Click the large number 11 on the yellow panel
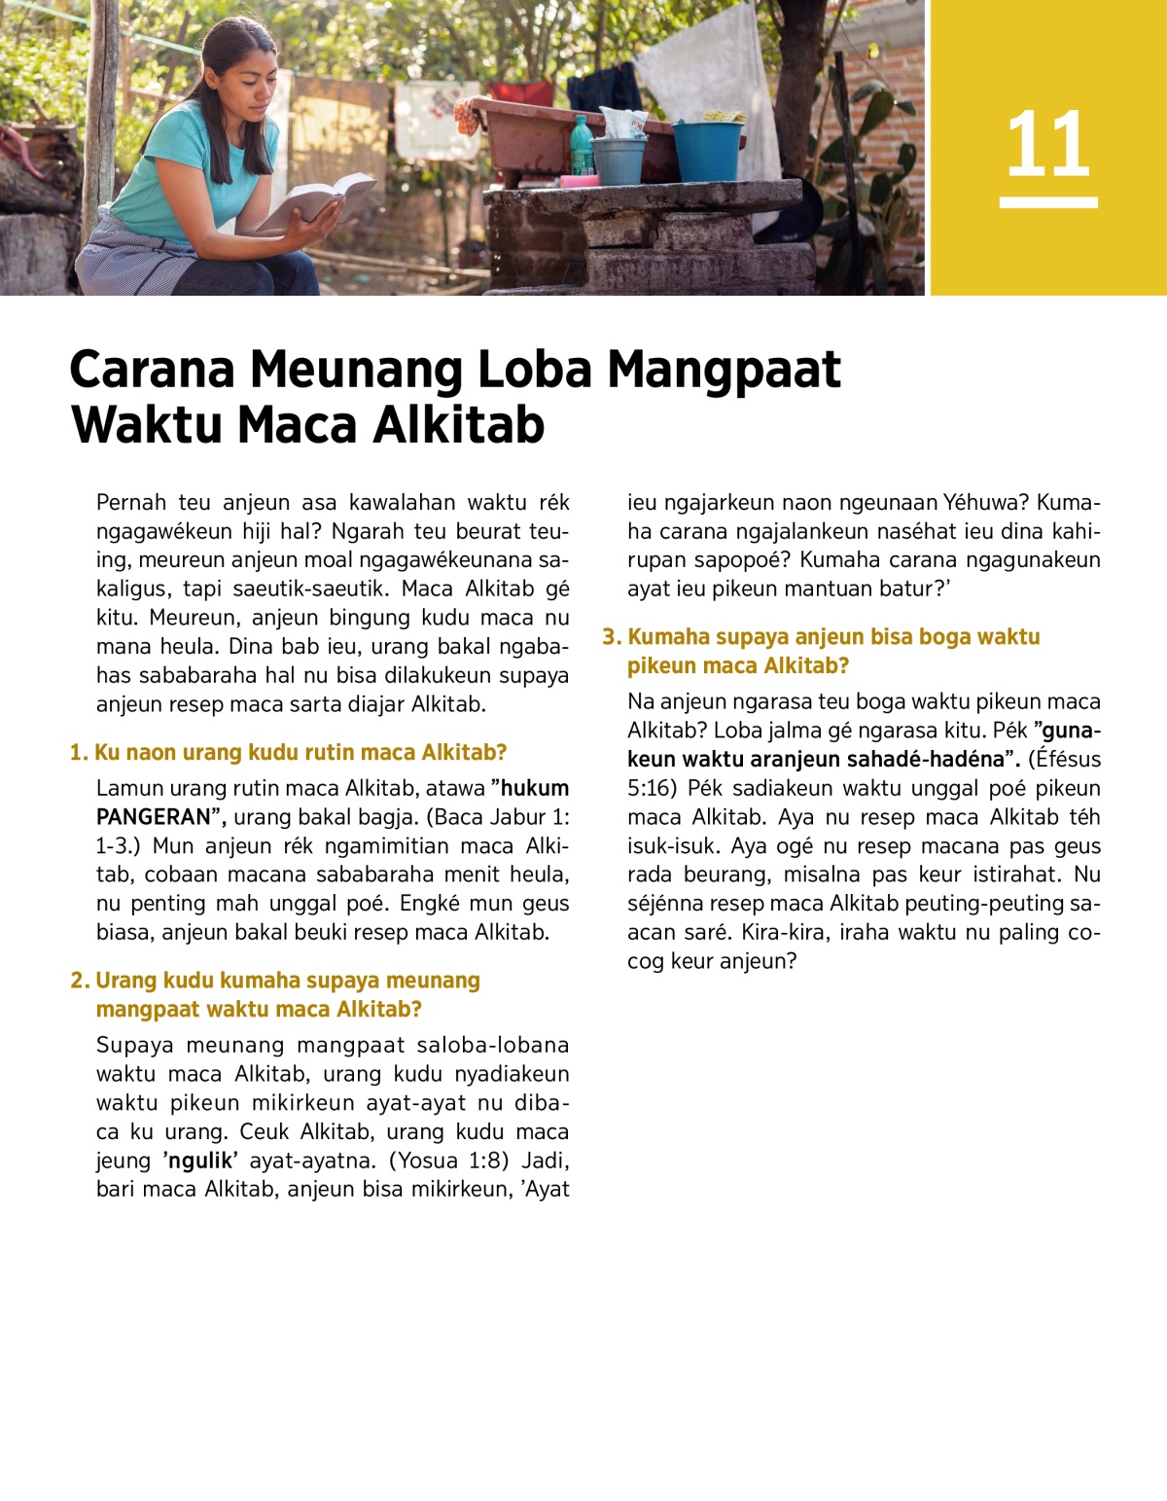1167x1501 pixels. click(x=1047, y=145)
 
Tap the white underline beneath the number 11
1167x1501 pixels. click(x=1048, y=202)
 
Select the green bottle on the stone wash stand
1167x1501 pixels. click(x=581, y=146)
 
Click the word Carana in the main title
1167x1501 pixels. click(x=153, y=370)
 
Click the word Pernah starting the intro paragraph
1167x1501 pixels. click(x=131, y=502)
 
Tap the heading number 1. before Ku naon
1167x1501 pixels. click(x=79, y=753)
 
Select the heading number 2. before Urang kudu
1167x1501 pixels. click(x=80, y=981)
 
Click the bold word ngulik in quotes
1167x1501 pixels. click(x=201, y=1161)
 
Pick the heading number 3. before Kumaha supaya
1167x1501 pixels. click(x=611, y=637)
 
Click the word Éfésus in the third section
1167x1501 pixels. click(x=1067, y=760)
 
